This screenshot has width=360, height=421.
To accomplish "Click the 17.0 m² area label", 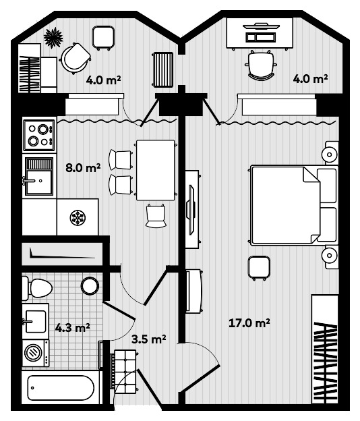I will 249,324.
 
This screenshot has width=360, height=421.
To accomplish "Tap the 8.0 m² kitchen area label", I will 84,168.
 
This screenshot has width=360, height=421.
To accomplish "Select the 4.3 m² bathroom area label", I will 73,329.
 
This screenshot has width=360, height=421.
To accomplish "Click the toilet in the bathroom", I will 38,289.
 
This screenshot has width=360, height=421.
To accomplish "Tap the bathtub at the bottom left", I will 61,389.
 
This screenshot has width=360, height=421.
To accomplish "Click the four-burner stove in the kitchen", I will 38,134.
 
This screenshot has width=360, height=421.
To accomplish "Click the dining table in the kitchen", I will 155,170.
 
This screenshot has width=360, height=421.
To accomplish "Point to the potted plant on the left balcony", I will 53,38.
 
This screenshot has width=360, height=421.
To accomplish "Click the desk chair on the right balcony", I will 261,66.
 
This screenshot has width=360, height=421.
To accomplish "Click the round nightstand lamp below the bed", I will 330,255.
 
